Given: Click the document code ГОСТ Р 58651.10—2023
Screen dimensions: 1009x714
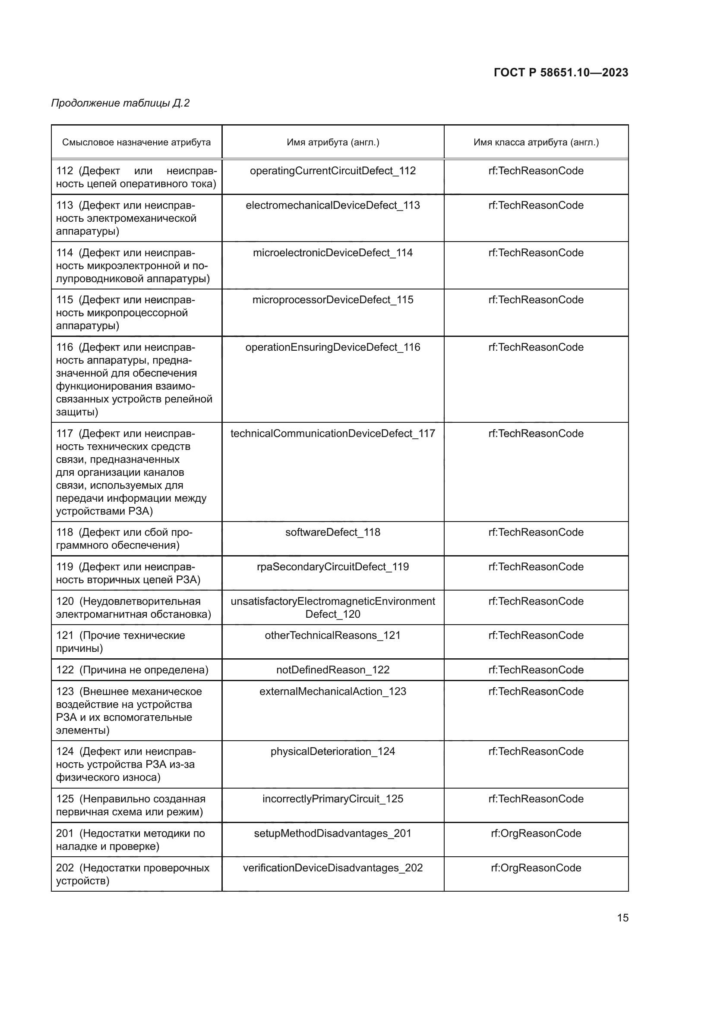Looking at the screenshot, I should point(561,72).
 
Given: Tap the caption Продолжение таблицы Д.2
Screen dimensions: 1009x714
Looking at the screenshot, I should point(120,103).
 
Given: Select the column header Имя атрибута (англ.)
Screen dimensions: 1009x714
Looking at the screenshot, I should point(333,142).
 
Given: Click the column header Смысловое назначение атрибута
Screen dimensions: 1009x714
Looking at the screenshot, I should point(136,142).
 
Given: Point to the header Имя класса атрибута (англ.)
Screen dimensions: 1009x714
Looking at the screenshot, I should point(536,142).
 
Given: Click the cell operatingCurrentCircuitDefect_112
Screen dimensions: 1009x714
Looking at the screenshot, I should point(333,171).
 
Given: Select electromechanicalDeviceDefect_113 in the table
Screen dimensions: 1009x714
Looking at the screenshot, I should point(333,206).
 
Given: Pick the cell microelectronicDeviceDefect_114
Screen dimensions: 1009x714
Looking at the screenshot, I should point(333,253).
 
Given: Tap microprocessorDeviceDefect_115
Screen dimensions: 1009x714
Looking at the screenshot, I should point(333,300).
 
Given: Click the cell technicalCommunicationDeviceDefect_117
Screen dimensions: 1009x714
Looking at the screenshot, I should point(333,434).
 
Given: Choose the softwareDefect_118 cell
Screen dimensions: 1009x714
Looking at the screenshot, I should point(333,533).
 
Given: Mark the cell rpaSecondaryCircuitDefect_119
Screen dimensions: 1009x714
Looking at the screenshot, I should point(333,567).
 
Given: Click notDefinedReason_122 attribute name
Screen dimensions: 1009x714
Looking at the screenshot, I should point(333,670).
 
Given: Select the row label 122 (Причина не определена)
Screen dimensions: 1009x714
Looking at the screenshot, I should point(133,670).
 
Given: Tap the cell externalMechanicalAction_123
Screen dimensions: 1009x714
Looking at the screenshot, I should point(333,692).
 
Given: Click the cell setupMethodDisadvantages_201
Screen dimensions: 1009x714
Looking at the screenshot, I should point(333,834).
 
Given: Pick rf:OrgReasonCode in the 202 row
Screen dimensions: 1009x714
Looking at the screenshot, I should point(536,868).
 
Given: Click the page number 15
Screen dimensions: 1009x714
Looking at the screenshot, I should point(622,918).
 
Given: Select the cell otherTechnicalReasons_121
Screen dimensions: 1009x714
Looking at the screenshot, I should point(333,636).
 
